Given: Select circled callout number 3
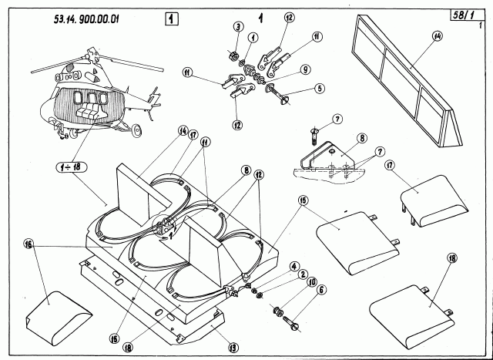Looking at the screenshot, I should (239, 29).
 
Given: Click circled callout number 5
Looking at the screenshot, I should (320, 88).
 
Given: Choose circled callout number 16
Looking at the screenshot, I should (29, 246).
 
